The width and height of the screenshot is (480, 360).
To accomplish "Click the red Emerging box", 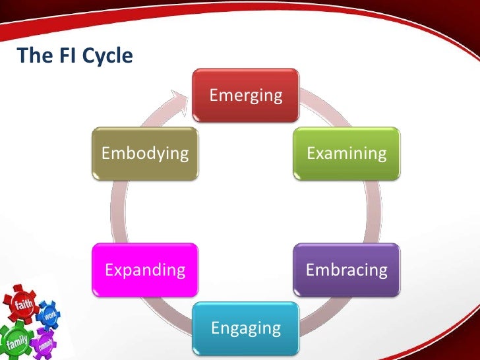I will (245, 96).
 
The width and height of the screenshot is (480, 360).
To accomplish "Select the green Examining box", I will (346, 154).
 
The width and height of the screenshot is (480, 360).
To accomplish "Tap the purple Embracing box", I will (346, 270).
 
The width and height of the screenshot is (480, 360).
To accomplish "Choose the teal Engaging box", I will (245, 328).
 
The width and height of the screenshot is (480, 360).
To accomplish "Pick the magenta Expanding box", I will (145, 270).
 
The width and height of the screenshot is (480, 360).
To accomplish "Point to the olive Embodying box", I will (144, 154).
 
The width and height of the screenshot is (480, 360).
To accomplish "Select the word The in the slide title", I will (32, 56).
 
